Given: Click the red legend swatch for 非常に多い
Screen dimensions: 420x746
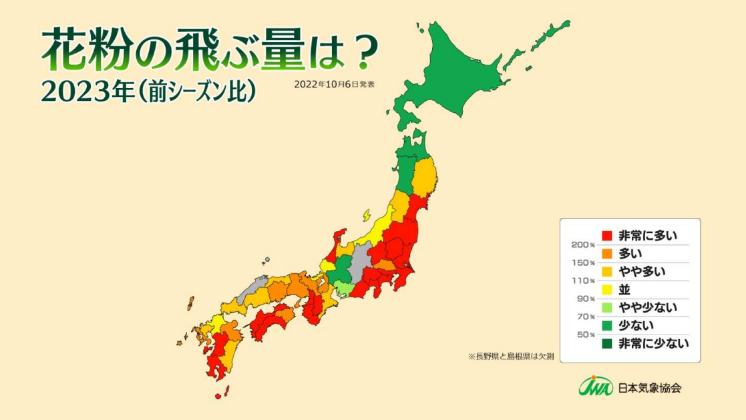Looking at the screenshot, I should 607,236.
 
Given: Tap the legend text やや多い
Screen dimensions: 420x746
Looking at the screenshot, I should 642,272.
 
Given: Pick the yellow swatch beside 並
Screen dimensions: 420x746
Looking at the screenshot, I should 607,290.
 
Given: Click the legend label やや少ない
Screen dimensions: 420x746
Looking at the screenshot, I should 647,308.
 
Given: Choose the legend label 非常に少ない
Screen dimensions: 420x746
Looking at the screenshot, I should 652,344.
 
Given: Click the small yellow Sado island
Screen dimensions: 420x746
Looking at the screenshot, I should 367,215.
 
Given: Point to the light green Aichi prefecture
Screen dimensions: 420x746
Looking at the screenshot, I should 343,288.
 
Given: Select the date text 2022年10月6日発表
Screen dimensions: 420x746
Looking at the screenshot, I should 334,85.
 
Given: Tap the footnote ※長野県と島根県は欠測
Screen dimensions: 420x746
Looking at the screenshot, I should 511,356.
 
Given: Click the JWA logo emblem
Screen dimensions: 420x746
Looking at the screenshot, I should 595,387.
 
